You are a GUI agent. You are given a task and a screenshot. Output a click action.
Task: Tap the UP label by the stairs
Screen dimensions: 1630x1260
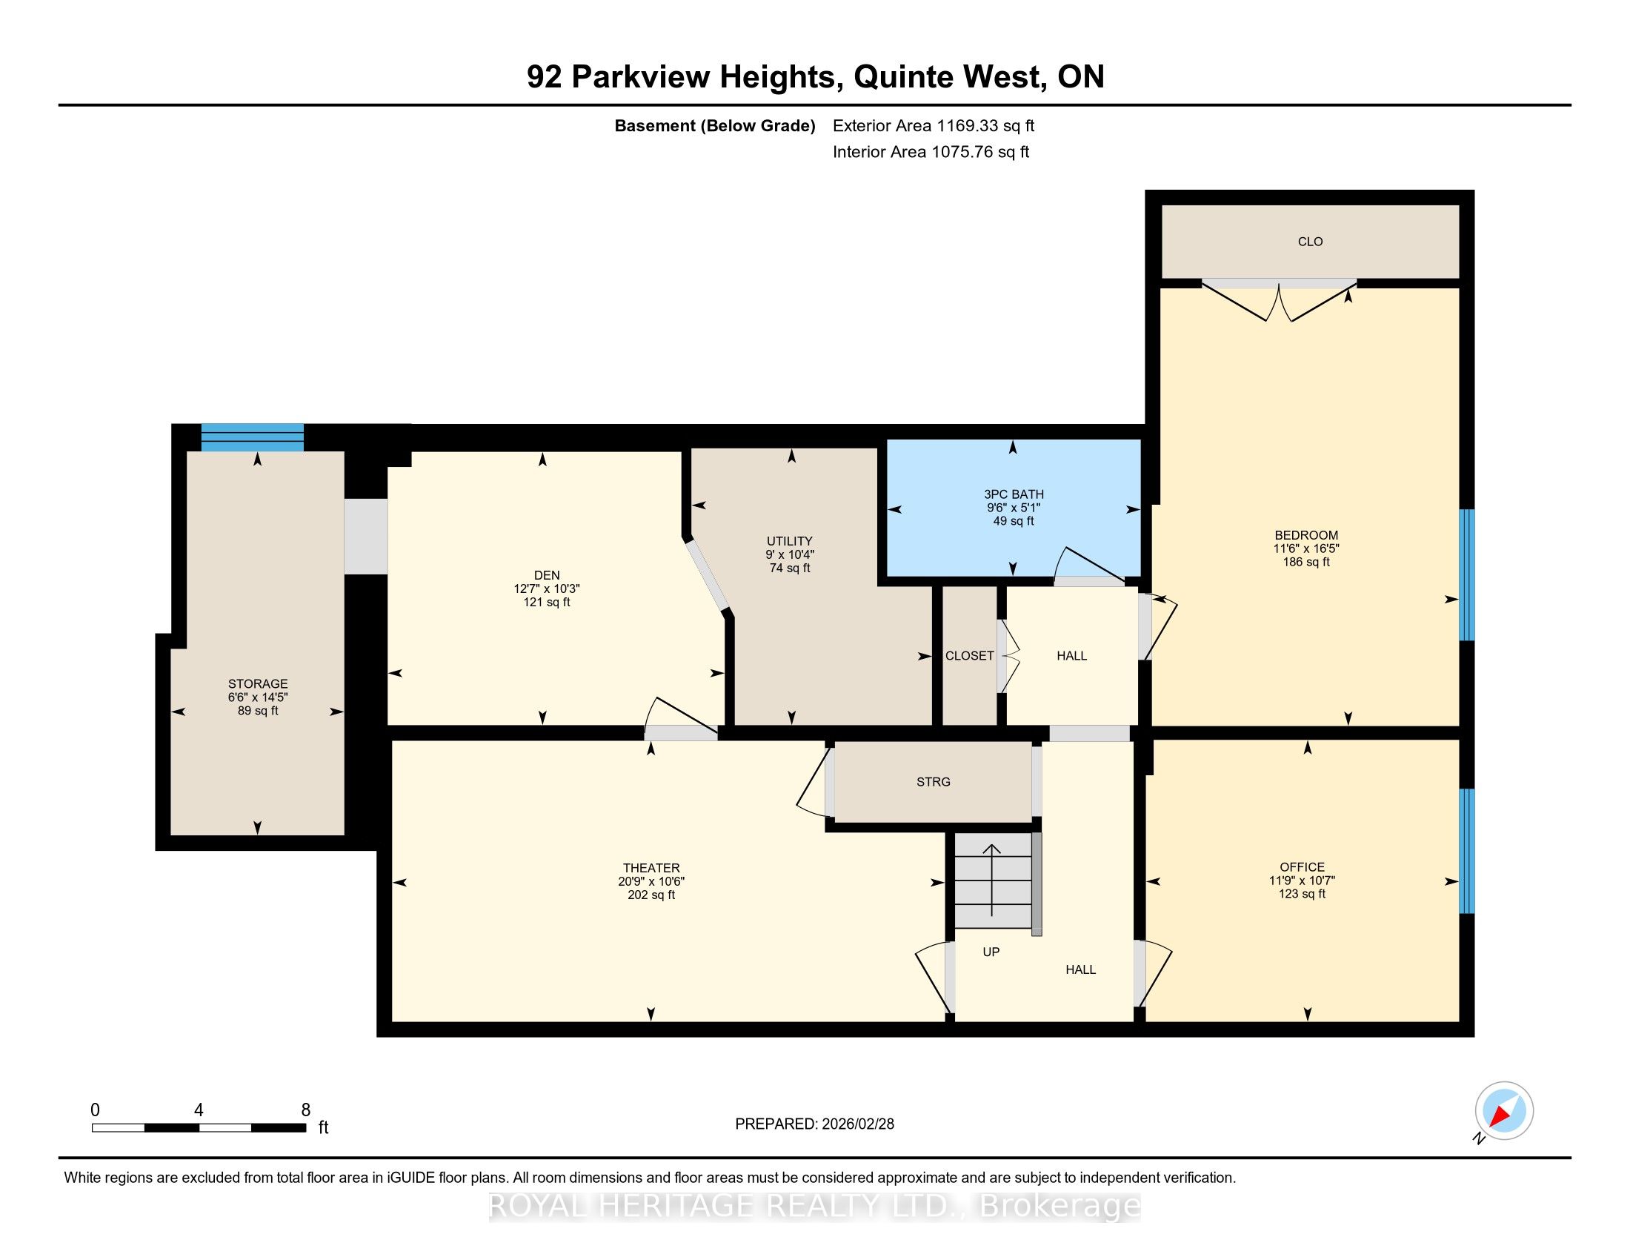point(991,952)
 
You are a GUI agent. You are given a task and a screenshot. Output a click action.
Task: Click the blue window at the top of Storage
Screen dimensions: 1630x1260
point(252,437)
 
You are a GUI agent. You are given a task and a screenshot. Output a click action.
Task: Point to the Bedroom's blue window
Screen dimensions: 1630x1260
point(1466,574)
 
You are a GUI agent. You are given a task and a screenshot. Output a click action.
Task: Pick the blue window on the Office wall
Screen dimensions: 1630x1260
point(1466,851)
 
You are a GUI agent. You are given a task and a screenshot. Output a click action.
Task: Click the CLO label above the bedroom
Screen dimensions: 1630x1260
point(1310,241)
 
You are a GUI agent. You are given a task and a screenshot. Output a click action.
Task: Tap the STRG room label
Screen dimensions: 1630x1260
point(933,781)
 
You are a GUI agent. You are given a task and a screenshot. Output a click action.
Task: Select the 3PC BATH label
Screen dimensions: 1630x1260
point(1014,494)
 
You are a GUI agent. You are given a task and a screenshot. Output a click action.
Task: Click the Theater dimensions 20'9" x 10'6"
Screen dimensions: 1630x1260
point(651,881)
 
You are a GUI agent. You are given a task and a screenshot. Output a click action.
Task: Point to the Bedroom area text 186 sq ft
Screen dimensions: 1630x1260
point(1306,562)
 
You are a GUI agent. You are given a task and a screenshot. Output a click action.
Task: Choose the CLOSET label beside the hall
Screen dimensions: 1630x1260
point(970,655)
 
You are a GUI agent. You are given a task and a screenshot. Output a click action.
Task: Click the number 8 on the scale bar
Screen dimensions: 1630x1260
point(305,1110)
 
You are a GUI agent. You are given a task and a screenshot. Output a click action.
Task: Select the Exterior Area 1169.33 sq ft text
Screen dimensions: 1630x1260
point(934,125)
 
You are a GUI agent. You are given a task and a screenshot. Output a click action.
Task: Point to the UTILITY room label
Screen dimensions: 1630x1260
point(790,541)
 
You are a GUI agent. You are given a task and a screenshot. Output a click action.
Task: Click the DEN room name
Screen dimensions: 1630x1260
point(547,574)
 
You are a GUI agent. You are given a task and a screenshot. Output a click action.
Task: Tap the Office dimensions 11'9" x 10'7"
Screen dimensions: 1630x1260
point(1303,880)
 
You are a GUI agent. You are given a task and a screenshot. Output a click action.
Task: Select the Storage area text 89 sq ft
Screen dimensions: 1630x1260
point(259,711)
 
